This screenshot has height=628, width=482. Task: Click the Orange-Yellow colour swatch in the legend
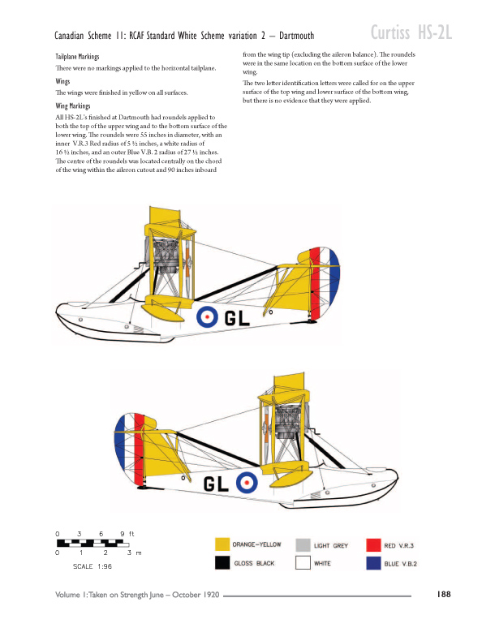click(222, 544)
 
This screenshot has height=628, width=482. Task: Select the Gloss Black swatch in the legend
click(222, 563)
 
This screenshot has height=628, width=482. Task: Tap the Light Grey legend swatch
click(303, 545)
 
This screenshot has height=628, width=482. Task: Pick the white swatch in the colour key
click(303, 563)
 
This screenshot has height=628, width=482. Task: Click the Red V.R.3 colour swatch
click(373, 545)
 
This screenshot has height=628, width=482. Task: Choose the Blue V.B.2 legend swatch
click(373, 563)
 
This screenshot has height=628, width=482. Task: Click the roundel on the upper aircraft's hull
click(207, 316)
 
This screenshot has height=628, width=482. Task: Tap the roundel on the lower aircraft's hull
click(247, 482)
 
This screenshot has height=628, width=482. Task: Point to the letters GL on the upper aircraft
click(237, 318)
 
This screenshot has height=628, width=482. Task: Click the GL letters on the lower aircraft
click(216, 484)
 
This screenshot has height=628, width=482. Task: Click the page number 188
click(444, 594)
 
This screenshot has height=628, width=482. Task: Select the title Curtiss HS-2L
click(411, 32)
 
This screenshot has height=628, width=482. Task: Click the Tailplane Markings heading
click(77, 57)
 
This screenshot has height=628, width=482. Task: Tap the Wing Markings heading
click(73, 105)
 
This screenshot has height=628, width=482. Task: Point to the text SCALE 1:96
click(93, 566)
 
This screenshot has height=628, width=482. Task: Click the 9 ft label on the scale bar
click(127, 534)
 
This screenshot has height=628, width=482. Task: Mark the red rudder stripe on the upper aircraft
click(316, 282)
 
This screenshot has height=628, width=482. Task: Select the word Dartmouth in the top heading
click(296, 36)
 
